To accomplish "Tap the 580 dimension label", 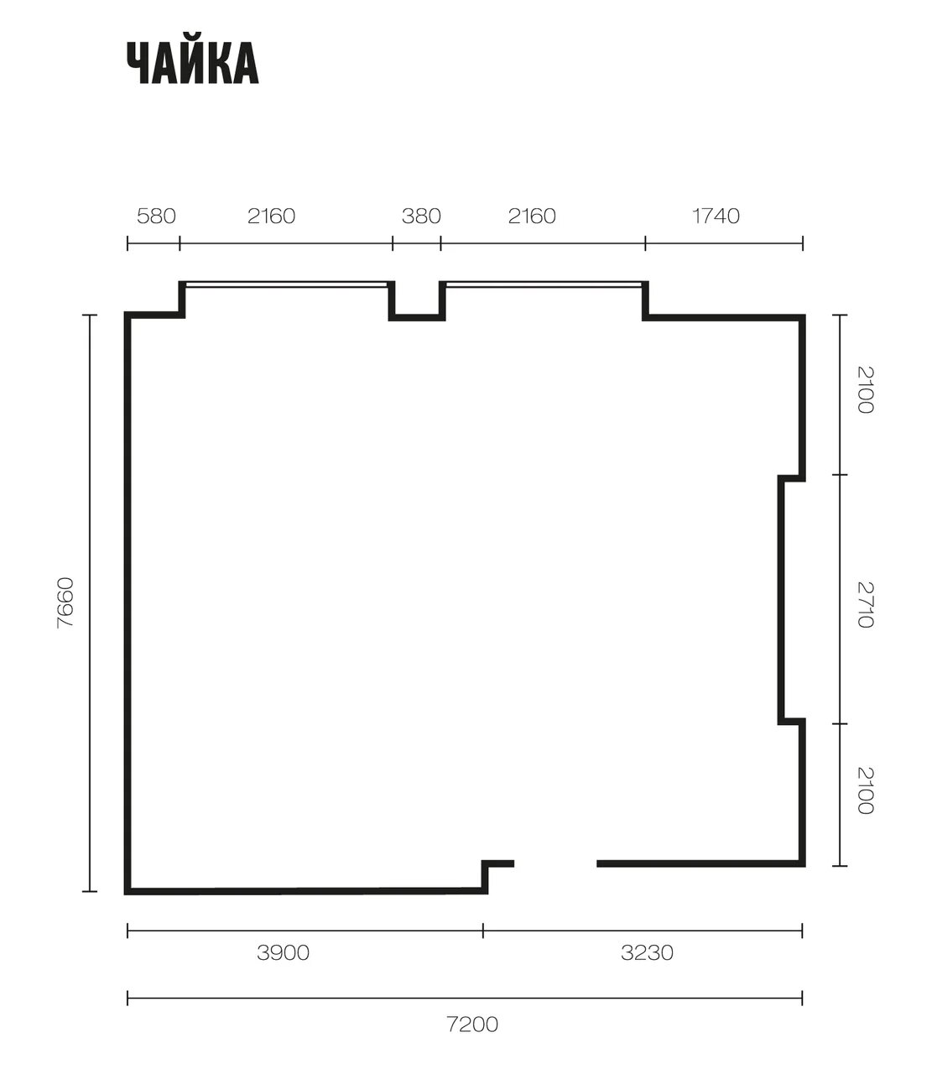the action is coord(156,216).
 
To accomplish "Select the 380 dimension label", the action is coord(421,216).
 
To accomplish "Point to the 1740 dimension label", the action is coord(716,216).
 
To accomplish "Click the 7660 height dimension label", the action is coord(65,603).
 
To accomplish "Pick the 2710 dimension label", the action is coord(866,605).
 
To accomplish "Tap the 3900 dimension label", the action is coord(283,952).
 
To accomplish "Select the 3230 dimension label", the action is coord(647,952).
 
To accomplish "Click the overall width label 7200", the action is coord(472,1024).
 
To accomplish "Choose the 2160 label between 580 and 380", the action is coord(271,216).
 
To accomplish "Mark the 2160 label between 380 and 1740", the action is coord(532,216).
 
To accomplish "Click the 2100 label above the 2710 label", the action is coord(866,389).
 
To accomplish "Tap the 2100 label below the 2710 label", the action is coord(866,790).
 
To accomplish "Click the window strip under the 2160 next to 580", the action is coord(286,284).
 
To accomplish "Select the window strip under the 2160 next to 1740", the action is coord(544,284).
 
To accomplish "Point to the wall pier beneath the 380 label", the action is coord(417,317).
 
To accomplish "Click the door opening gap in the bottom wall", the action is coord(555,863).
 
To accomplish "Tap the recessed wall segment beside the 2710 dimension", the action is coord(781,600).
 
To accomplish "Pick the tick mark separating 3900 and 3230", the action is coord(483,931).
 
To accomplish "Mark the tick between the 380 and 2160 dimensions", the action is coord(440,243).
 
